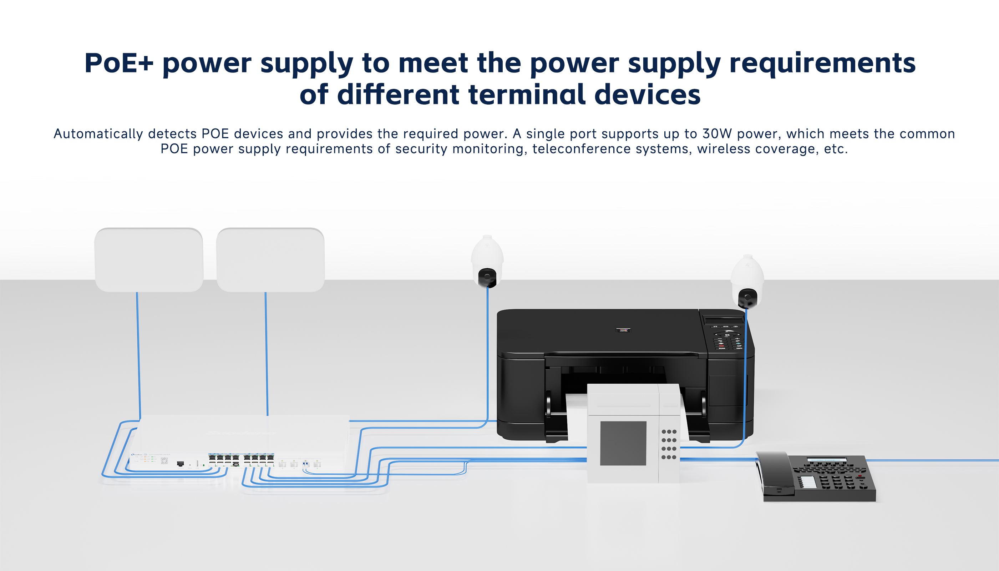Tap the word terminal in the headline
click(x=527, y=95)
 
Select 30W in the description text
click(x=717, y=134)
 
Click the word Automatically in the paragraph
click(x=98, y=134)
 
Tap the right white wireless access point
click(x=270, y=259)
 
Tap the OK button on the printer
click(x=727, y=335)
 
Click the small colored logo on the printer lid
click(x=623, y=330)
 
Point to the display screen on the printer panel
click(x=722, y=320)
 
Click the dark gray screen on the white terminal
click(x=623, y=443)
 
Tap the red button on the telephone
click(x=860, y=476)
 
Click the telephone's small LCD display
click(x=826, y=460)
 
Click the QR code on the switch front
click(x=164, y=461)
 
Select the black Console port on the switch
click(x=180, y=464)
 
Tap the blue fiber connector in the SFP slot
click(x=305, y=464)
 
